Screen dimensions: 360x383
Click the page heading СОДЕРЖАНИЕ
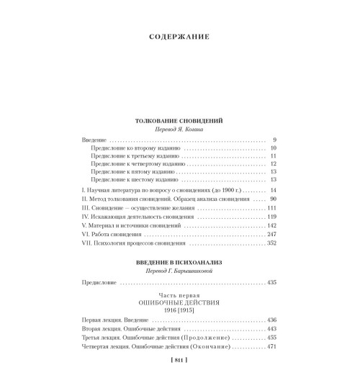(179, 37)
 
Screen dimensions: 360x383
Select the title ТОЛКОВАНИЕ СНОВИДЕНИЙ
(180, 123)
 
